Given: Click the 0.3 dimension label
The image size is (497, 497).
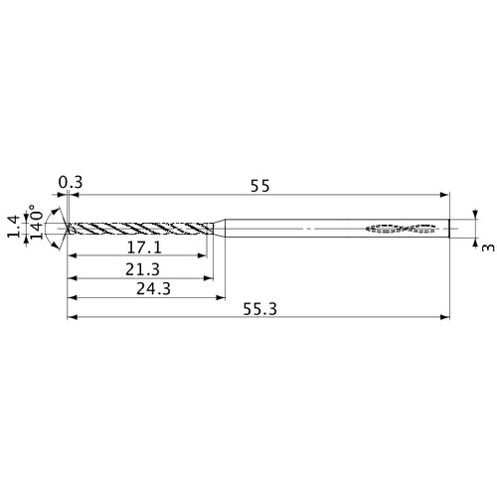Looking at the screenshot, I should [x=70, y=182].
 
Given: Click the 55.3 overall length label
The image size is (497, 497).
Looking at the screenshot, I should [x=258, y=309].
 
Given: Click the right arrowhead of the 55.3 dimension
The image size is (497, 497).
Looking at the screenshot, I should [x=444, y=318].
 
